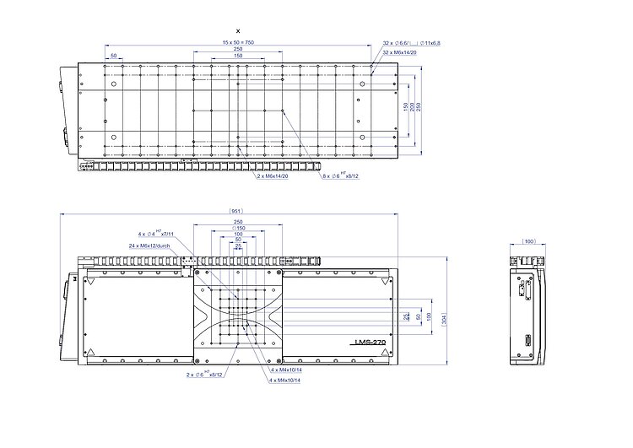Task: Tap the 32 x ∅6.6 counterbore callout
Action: tap(409, 42)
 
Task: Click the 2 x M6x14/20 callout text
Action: tap(273, 176)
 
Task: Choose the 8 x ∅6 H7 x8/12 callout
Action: tap(341, 176)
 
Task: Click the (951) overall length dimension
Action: tap(230, 211)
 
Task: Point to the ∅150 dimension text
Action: tap(239, 228)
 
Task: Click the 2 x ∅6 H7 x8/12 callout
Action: tap(203, 374)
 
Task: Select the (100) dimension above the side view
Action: tap(529, 241)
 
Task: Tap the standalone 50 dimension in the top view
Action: tap(113, 57)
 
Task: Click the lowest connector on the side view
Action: tap(526, 343)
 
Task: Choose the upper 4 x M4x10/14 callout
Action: tap(288, 370)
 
